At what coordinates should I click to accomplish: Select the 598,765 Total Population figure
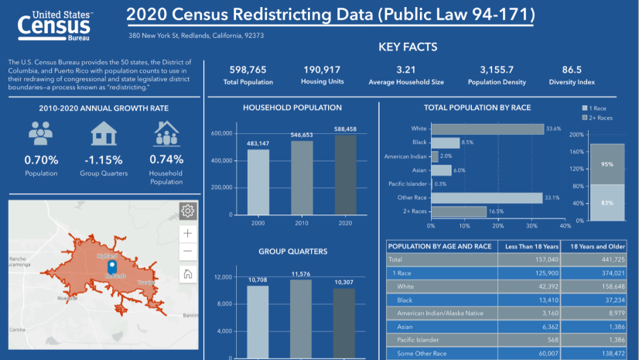(248, 69)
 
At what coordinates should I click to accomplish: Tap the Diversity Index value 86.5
(572, 69)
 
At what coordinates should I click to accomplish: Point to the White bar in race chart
(488, 129)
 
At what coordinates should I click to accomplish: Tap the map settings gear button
(186, 211)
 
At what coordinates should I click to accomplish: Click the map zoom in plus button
(186, 232)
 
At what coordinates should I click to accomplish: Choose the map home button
(186, 273)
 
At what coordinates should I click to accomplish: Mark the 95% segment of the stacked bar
(607, 164)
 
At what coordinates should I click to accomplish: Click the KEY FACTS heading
(408, 47)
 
